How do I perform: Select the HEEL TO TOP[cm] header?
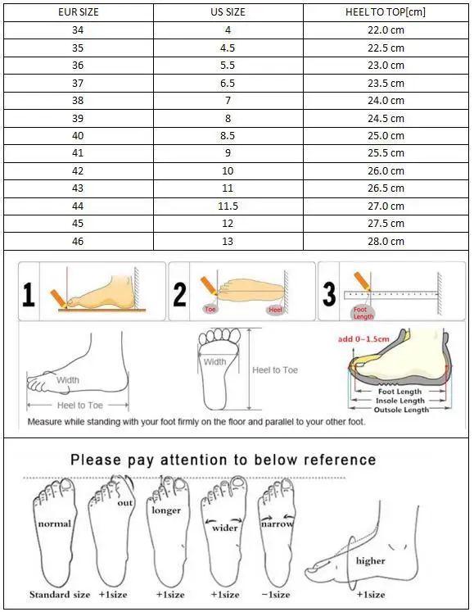(386, 12)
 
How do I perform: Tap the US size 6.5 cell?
(228, 83)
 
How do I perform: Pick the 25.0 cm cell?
(386, 135)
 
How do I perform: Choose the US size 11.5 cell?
(228, 206)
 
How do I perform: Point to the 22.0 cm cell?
(386, 30)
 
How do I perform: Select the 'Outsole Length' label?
(400, 410)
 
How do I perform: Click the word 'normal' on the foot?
(54, 523)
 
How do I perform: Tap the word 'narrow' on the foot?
(277, 524)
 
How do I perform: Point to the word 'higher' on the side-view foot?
(370, 561)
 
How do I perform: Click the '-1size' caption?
(276, 594)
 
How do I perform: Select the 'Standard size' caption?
(58, 594)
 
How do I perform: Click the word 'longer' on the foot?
(166, 510)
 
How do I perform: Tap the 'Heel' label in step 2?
(275, 311)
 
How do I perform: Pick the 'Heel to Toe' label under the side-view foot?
(79, 406)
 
